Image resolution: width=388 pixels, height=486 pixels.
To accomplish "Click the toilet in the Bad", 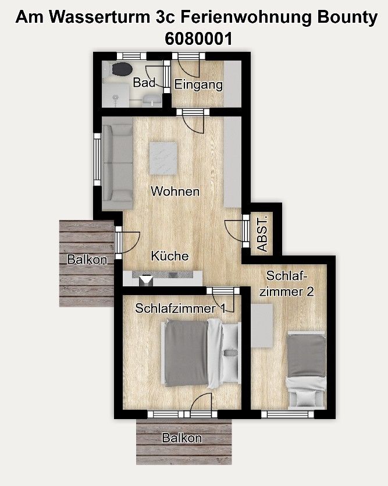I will click(x=121, y=69).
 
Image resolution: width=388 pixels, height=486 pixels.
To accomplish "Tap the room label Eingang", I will click(x=198, y=85).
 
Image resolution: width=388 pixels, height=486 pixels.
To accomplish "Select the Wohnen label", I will click(x=175, y=191).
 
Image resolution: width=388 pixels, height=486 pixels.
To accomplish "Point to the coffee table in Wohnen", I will click(x=163, y=158).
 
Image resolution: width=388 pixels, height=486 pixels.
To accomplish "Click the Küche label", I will click(x=170, y=256).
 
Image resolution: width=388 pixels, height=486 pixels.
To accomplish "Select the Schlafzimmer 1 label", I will click(x=180, y=308).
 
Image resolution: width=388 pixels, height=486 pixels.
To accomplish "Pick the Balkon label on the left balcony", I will click(x=87, y=260).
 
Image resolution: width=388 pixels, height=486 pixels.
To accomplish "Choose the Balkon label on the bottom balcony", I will click(x=182, y=438).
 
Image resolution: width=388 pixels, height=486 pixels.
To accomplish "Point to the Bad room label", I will click(x=144, y=83).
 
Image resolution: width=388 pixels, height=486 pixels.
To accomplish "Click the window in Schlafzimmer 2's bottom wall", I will click(x=288, y=414).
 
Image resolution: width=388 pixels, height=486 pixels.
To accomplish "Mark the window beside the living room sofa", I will click(x=97, y=160).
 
